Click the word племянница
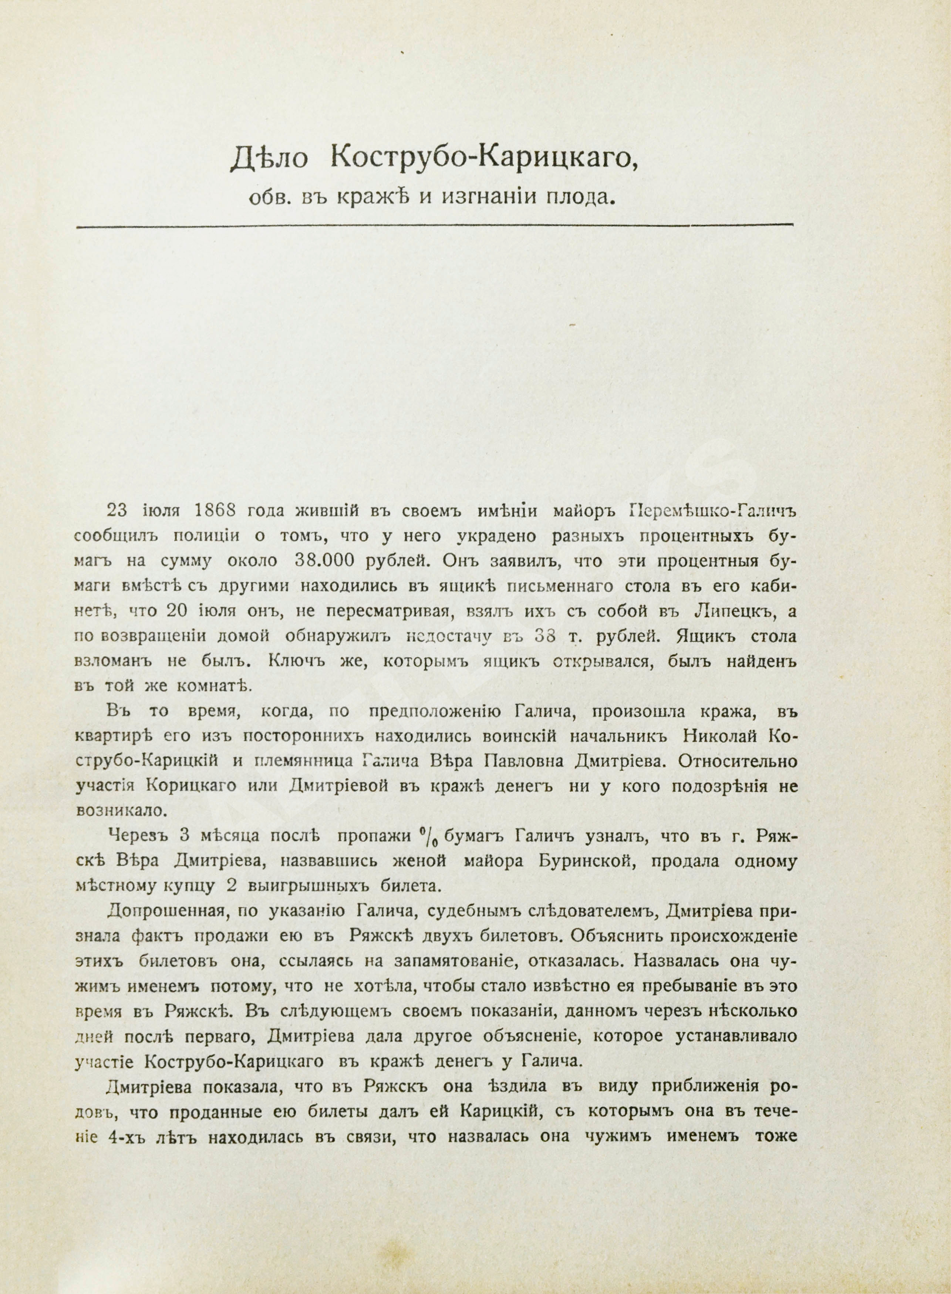coord(296,762)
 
